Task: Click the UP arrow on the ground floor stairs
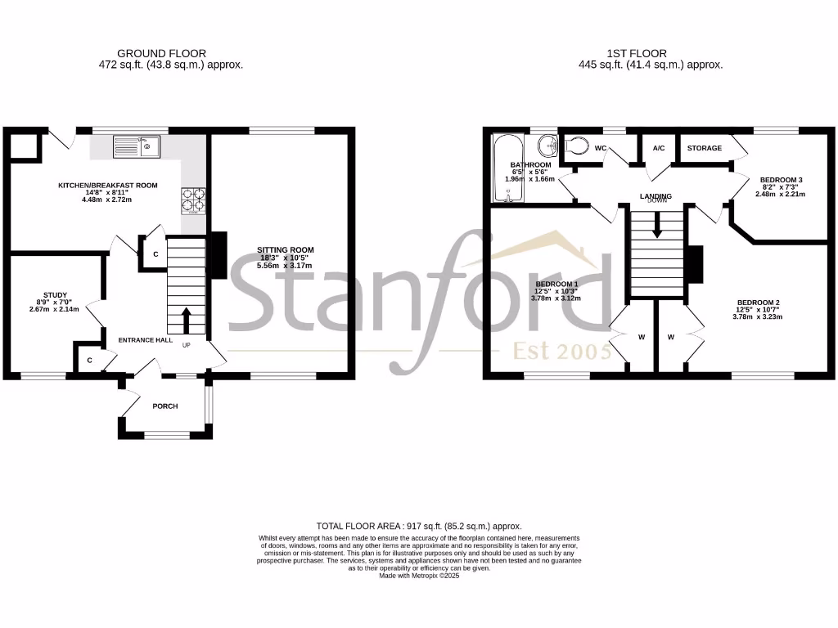(x=186, y=320)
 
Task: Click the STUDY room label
(x=55, y=295)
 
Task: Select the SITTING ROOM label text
(x=285, y=250)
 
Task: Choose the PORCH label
(x=164, y=406)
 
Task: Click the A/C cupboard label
(x=657, y=148)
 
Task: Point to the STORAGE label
(x=704, y=148)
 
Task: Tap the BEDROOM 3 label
(x=781, y=180)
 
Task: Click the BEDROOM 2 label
(x=756, y=303)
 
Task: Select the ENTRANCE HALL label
(x=145, y=339)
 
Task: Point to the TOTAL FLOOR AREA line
(x=419, y=527)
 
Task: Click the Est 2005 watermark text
(x=561, y=352)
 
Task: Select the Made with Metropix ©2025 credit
(x=419, y=576)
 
